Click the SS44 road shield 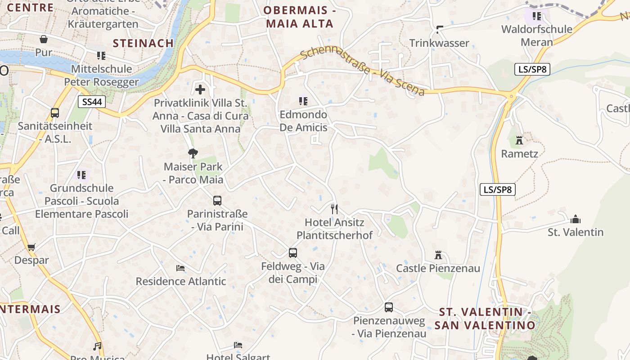coord(92,102)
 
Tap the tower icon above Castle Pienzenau coord(438,255)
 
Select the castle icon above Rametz coord(519,140)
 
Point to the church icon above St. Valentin coord(575,219)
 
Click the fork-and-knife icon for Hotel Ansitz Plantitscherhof coord(334,209)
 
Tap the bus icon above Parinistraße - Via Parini coord(217,200)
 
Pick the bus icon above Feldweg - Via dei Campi coord(293,252)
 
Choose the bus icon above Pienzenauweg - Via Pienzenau coord(389,307)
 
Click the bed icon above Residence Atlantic coord(180,268)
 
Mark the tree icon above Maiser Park coord(193,153)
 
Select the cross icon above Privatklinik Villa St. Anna coord(200,90)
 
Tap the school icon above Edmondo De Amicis coord(303,101)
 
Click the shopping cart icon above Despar coord(31,247)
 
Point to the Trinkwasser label coord(439,43)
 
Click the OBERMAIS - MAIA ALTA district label coord(300,17)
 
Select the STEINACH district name coord(143,43)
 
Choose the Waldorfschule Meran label coord(536,36)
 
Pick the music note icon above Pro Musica coord(97,346)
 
